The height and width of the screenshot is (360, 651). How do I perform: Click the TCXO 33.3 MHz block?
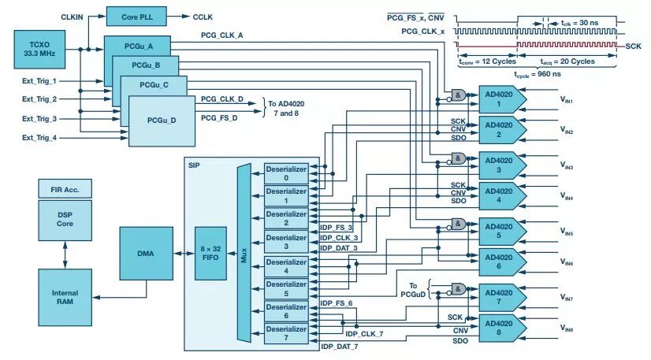(39, 50)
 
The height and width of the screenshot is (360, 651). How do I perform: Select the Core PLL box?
(136, 17)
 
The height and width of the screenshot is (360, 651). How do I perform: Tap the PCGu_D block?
(162, 121)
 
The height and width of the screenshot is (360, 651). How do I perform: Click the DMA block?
(146, 254)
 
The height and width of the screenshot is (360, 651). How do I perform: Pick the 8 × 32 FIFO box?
(211, 254)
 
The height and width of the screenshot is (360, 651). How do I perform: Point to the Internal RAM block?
(65, 297)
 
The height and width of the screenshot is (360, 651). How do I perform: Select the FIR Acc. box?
(65, 189)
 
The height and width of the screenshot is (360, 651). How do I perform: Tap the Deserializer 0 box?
(286, 174)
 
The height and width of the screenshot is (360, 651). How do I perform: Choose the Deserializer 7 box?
(286, 333)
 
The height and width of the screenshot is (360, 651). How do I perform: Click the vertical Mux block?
(244, 253)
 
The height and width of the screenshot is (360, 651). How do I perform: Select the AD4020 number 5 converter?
(502, 231)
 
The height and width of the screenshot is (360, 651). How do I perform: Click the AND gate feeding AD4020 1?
(458, 95)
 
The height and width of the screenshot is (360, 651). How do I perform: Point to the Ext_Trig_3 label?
(39, 119)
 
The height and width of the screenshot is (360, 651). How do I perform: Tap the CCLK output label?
(203, 17)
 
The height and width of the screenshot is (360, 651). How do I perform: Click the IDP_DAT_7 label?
(340, 347)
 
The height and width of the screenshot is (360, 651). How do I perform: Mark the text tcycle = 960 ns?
(538, 74)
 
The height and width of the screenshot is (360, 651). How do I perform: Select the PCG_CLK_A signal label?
(222, 35)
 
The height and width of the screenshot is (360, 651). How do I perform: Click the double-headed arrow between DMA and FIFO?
(184, 254)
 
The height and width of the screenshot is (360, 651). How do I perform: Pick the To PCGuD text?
(413, 290)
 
